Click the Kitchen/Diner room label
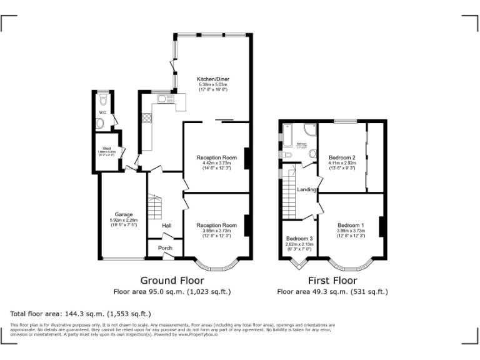(x=212, y=79)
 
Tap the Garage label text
(x=123, y=214)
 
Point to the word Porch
(x=165, y=248)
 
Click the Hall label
(x=167, y=226)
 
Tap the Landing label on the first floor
(x=306, y=189)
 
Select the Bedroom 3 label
(x=299, y=239)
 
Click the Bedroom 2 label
(x=342, y=157)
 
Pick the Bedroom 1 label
(x=350, y=225)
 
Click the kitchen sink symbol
(x=164, y=99)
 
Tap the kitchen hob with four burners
(x=147, y=117)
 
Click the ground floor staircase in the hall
(x=154, y=205)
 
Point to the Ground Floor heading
(x=172, y=281)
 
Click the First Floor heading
(x=332, y=281)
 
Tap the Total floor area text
(x=81, y=314)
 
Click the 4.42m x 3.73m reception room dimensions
(x=216, y=163)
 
